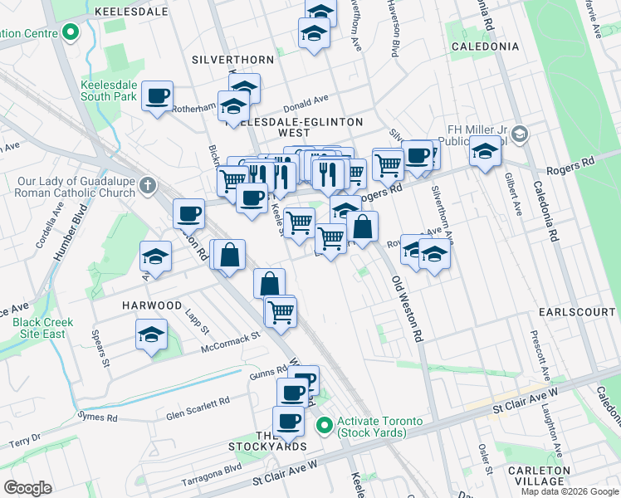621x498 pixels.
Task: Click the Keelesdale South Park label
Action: point(108,90)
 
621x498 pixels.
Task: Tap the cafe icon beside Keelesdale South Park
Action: point(157,97)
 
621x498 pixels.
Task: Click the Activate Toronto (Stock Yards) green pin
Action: point(324,427)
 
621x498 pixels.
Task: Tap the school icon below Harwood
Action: point(150,336)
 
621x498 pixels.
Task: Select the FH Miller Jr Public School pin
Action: point(520,134)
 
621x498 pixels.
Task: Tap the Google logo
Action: point(28,488)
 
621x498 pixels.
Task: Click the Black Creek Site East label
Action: point(42,328)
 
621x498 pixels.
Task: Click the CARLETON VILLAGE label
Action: point(562,476)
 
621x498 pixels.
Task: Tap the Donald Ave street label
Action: point(306,102)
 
